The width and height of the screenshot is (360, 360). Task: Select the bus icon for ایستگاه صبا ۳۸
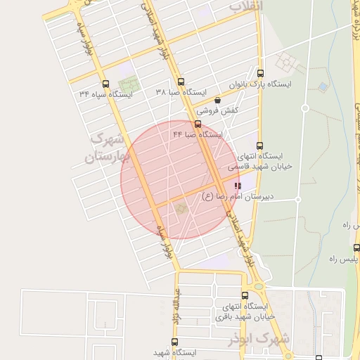[x=181, y=82]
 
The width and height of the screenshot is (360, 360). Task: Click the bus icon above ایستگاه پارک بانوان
[x=261, y=73]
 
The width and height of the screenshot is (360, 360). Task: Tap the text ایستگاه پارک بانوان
[x=267, y=84]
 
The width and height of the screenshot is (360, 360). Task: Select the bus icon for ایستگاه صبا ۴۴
[x=198, y=124]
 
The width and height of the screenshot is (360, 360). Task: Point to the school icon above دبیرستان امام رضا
[x=237, y=186]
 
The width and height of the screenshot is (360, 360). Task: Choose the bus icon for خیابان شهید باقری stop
[x=245, y=296]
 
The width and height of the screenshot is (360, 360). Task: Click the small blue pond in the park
[x=323, y=86]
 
